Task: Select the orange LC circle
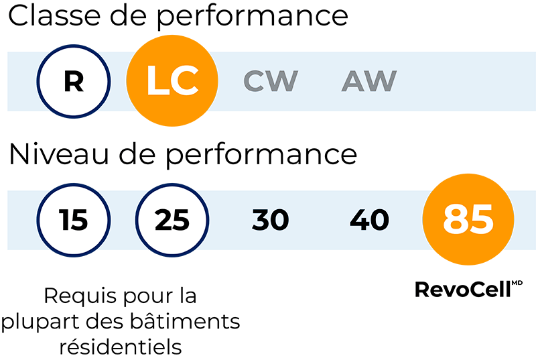(x=172, y=80)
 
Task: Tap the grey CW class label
(x=271, y=81)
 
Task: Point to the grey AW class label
(x=369, y=81)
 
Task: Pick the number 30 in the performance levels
(x=271, y=220)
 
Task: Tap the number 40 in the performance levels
(x=369, y=220)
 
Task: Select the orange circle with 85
(x=468, y=219)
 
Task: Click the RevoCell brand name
(x=463, y=290)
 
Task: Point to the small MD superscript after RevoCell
(x=517, y=283)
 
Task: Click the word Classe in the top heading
(x=54, y=15)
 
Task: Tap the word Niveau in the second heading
(x=59, y=154)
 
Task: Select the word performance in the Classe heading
(x=253, y=18)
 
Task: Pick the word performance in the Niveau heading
(x=261, y=157)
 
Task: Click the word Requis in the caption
(x=80, y=296)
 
